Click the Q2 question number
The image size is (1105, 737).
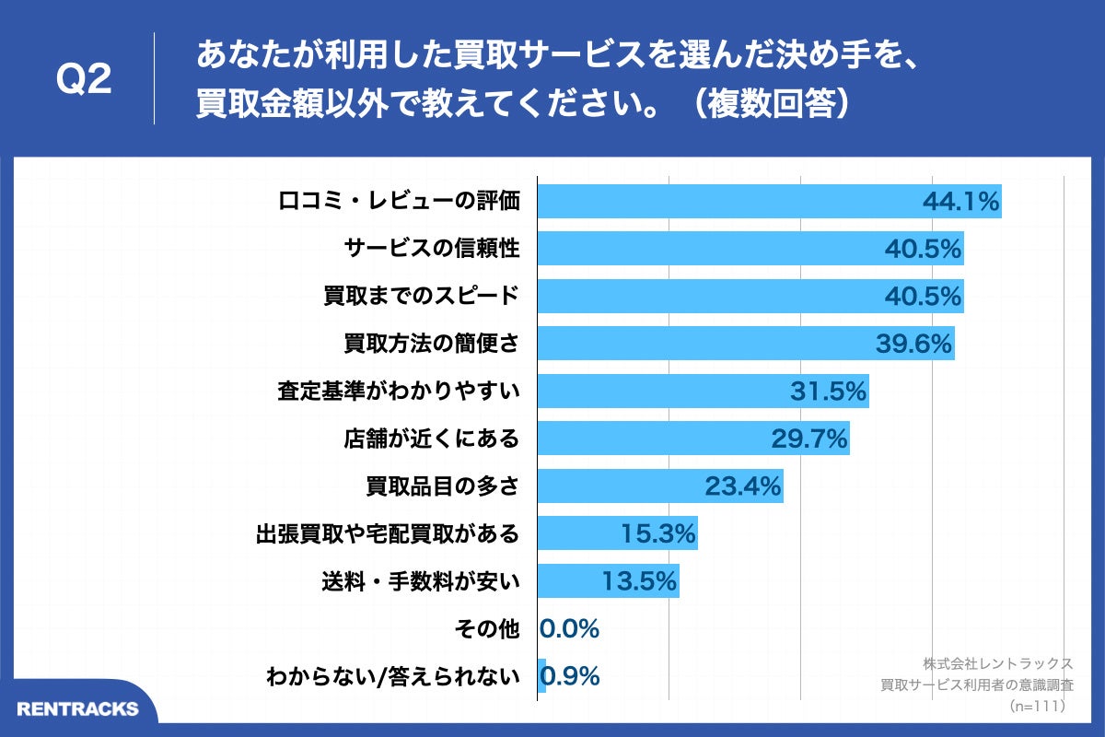(84, 80)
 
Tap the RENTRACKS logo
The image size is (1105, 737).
(77, 708)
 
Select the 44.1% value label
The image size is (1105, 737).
(960, 202)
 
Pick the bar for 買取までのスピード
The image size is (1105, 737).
(718, 297)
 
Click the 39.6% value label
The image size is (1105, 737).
(913, 345)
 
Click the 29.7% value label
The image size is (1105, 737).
(809, 439)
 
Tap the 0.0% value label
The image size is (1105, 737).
(570, 629)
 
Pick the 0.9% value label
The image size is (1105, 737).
(572, 677)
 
